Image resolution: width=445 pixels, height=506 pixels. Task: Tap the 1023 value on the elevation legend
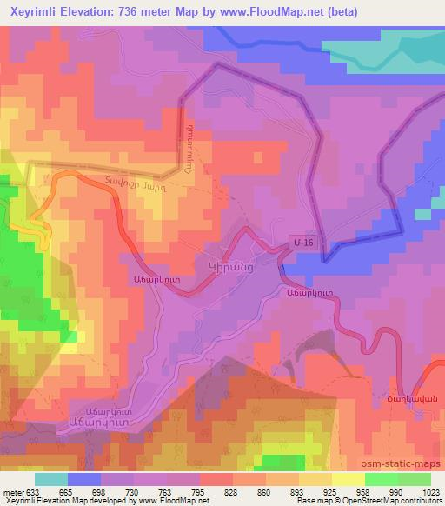429,491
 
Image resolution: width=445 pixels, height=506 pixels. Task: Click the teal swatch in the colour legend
50,479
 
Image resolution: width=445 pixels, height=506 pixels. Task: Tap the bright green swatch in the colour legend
382,479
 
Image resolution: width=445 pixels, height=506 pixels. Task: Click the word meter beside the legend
12,491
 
